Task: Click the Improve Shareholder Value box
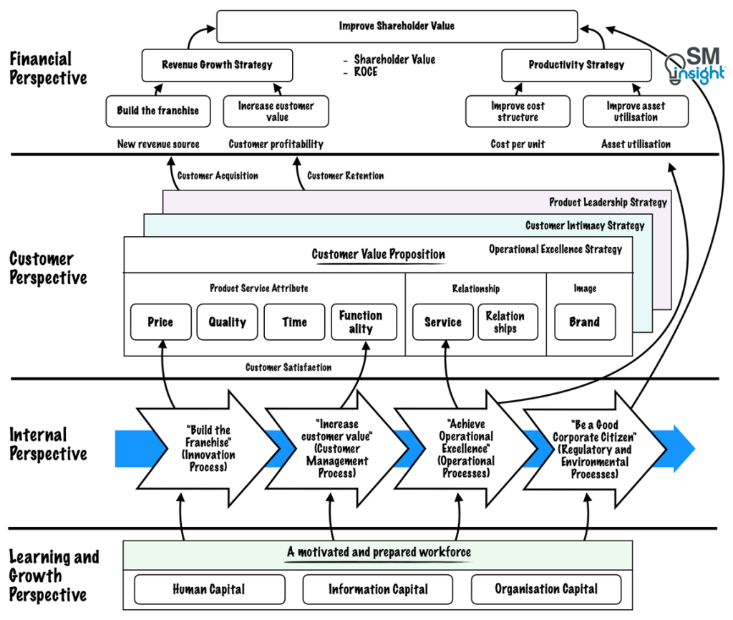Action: [397, 26]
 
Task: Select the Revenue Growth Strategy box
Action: [217, 65]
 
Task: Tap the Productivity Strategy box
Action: [576, 65]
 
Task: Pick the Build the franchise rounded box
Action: [158, 111]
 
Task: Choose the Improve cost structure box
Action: [518, 112]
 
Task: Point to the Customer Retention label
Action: [345, 175]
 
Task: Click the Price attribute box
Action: [160, 322]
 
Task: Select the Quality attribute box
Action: [227, 322]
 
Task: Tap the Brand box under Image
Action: [584, 322]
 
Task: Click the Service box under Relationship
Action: [442, 322]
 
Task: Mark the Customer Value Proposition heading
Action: [378, 255]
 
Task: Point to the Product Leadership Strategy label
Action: [608, 203]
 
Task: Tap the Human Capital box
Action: [208, 590]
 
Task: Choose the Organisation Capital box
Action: [546, 590]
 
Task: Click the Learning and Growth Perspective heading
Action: [54, 576]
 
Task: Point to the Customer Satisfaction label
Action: [288, 368]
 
